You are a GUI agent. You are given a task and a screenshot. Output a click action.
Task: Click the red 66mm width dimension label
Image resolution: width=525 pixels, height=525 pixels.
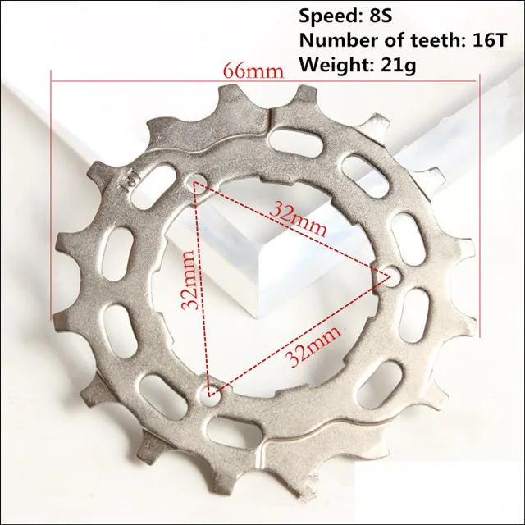coord(253,71)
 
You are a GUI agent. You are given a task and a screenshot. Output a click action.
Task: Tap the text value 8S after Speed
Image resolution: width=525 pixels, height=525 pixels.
coord(381,16)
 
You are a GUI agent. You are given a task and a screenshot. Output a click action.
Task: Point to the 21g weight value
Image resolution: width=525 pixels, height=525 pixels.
coord(399,65)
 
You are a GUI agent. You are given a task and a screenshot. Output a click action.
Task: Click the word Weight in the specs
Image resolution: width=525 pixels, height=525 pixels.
coord(337,65)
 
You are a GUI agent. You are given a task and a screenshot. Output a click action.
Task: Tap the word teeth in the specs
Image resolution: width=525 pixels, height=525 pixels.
coord(430,40)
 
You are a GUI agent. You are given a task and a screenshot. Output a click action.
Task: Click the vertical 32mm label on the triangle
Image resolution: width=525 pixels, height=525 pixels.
coord(188,279)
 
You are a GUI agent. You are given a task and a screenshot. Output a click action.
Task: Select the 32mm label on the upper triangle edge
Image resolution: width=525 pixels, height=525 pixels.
coord(298,219)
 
